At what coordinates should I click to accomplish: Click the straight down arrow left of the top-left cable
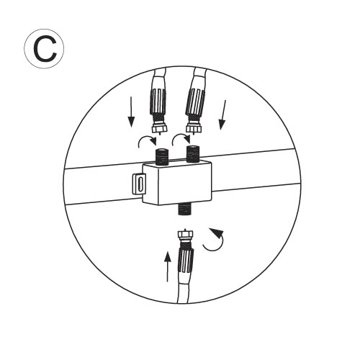point(131,112)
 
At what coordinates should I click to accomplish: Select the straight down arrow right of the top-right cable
point(223,115)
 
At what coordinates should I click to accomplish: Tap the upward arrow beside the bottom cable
point(168,266)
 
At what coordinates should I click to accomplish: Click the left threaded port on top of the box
point(161,157)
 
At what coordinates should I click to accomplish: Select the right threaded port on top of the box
point(193,153)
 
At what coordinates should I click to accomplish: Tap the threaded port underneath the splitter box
point(184,209)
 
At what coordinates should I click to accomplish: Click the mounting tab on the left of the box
point(140,184)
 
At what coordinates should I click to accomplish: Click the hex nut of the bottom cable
point(185,235)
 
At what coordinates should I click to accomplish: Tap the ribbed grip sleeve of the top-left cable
point(158,102)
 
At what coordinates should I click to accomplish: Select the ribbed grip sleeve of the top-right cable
point(195,102)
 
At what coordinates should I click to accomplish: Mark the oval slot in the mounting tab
point(140,184)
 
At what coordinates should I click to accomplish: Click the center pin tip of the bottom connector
point(184,229)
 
